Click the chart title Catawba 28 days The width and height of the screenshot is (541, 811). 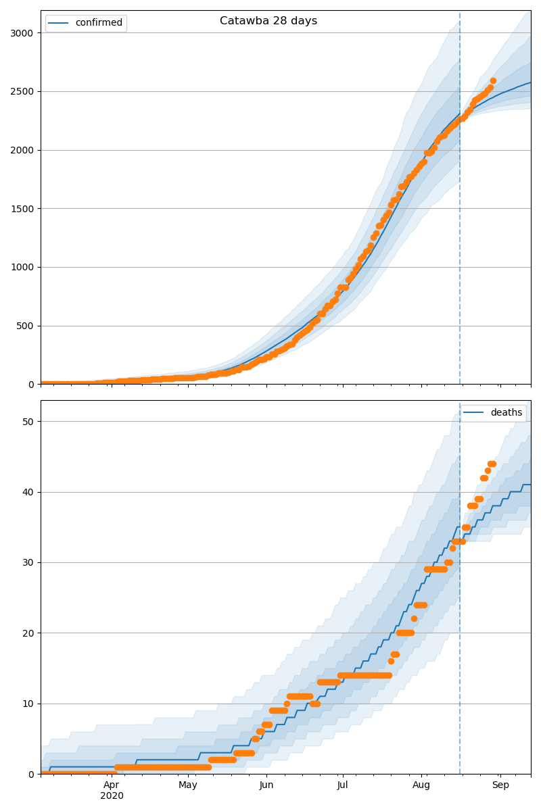click(x=268, y=21)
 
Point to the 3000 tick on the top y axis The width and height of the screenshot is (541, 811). click(x=23, y=33)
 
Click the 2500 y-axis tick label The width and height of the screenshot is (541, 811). click(x=23, y=91)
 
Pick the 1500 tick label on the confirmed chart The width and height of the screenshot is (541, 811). click(x=23, y=209)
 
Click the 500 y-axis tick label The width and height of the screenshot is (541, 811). click(x=26, y=326)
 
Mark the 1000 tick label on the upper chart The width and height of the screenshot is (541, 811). click(x=23, y=268)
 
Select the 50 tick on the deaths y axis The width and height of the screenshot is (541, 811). click(x=28, y=422)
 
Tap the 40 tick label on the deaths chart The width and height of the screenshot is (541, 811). click(x=28, y=492)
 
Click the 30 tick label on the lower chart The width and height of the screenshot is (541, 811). click(x=28, y=562)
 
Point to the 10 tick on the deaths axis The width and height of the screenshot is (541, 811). click(x=28, y=704)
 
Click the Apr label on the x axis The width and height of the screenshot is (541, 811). click(x=112, y=785)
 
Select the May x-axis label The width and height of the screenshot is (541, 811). click(x=188, y=785)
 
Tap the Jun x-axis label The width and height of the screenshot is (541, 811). click(x=266, y=785)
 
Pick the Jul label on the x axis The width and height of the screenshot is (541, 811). click(x=342, y=785)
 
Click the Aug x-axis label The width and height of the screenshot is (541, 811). click(x=421, y=785)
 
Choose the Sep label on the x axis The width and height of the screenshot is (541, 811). click(x=500, y=785)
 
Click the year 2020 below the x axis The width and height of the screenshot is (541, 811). click(x=112, y=795)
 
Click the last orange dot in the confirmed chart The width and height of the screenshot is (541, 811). click(x=493, y=81)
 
